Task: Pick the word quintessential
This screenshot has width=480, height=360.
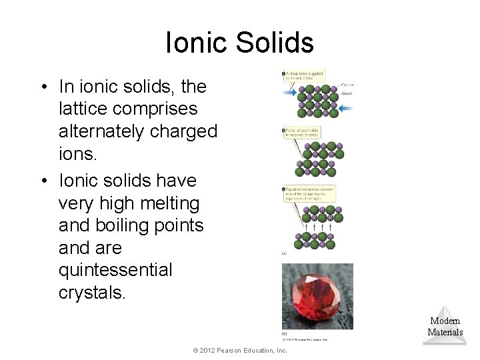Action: pos(115,270)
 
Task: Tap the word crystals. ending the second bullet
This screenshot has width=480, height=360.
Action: pos(91,293)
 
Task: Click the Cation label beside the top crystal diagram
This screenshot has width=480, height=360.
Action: pos(347,85)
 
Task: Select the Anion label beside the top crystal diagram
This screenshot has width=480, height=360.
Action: pos(346,94)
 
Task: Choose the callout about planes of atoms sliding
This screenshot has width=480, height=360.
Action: pos(301,133)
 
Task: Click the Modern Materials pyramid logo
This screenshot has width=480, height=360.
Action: pos(445,327)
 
